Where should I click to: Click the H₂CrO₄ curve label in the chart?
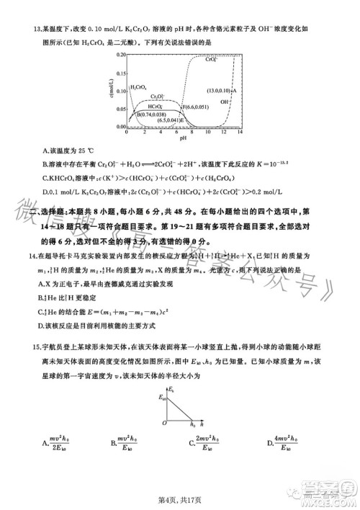(138, 86)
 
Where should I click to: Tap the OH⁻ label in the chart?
(224, 102)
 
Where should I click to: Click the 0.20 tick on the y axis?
(121, 54)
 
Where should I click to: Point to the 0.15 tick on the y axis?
(121, 72)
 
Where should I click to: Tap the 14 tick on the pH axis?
(241, 133)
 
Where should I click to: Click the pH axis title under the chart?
(184, 138)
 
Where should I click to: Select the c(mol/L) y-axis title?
(113, 90)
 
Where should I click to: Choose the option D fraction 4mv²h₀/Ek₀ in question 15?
(282, 444)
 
